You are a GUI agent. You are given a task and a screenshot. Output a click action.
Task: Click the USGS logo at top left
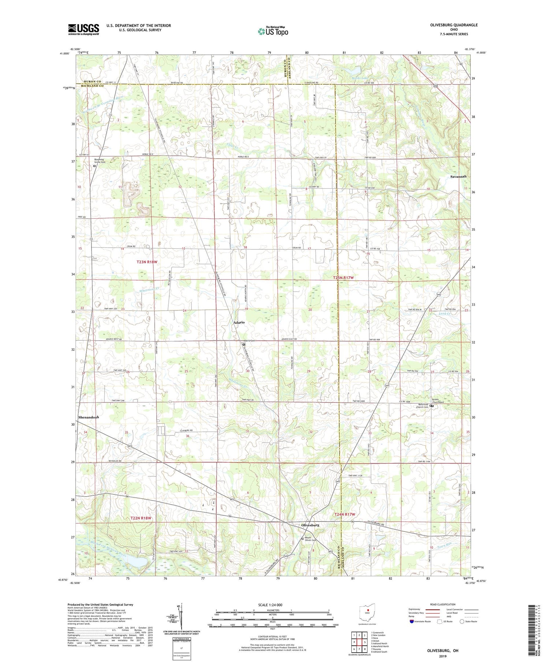click(83, 29)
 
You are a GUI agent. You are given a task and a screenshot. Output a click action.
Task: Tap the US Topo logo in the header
click(273, 31)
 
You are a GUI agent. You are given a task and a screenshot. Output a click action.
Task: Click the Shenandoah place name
click(89, 417)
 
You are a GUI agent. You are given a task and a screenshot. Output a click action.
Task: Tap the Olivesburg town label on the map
click(310, 525)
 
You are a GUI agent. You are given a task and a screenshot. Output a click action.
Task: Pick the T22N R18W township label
click(141, 518)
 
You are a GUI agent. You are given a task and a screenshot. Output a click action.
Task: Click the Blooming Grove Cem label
click(99, 161)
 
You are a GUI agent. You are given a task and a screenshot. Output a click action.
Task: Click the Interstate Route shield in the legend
click(412, 622)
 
